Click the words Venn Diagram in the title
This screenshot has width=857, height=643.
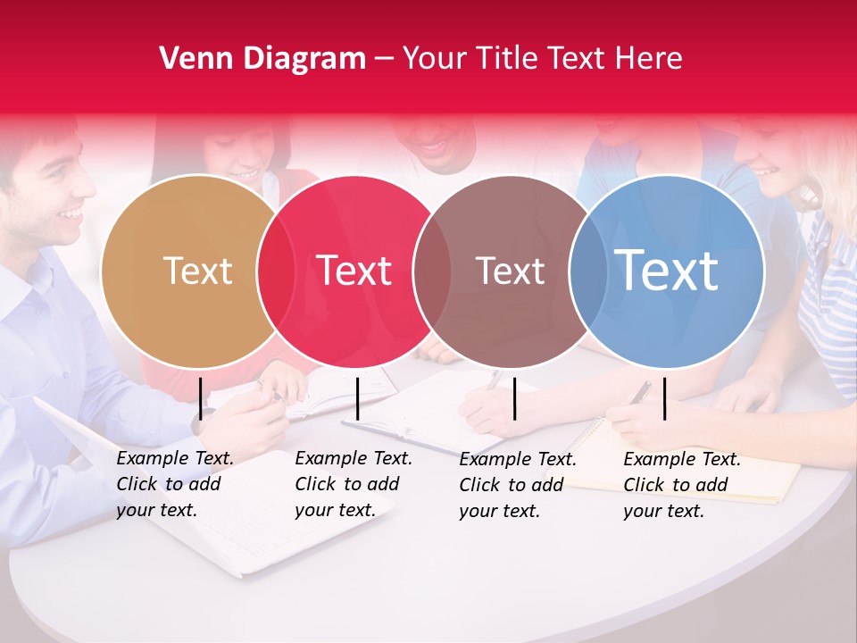click(x=262, y=59)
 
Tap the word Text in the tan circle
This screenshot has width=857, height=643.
click(x=197, y=271)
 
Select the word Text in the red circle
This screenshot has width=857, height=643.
click(x=354, y=271)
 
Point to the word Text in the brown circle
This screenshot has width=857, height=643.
click(x=510, y=271)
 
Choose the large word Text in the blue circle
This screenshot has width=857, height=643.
click(x=667, y=270)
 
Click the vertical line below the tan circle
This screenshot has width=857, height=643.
click(x=201, y=398)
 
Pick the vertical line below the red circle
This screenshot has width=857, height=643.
click(x=357, y=398)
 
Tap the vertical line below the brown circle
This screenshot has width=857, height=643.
click(x=514, y=398)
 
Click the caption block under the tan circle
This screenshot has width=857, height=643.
click(x=175, y=484)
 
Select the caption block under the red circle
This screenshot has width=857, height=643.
click(x=354, y=484)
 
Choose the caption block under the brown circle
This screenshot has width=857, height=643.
click(x=518, y=485)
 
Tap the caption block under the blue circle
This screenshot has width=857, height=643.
click(x=682, y=485)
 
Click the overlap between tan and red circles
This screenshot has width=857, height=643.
click(x=276, y=271)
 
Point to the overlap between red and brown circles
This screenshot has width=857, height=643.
click(x=433, y=271)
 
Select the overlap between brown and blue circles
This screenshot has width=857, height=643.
click(x=588, y=271)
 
